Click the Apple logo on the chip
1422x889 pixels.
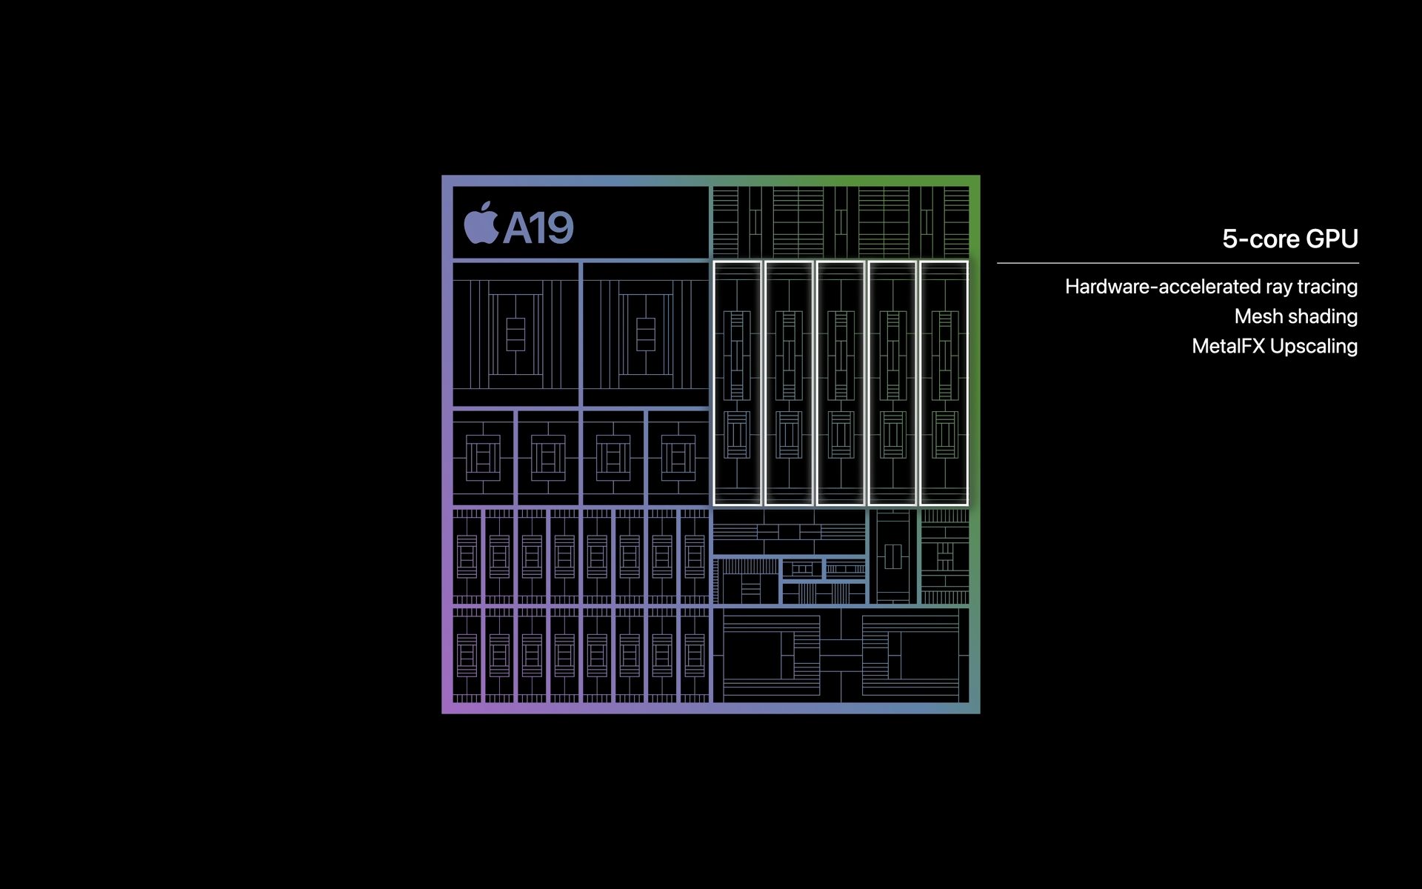click(x=481, y=223)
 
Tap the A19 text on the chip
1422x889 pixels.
click(x=538, y=227)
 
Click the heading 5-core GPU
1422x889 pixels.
click(x=1290, y=239)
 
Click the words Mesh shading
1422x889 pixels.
click(x=1296, y=316)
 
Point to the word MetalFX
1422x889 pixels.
click(x=1228, y=346)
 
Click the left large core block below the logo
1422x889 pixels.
click(x=515, y=334)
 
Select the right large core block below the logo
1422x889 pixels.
click(x=646, y=334)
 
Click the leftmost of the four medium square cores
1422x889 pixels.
click(x=483, y=458)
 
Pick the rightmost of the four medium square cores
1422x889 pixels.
click(x=678, y=458)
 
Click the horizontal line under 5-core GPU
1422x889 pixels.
click(x=1178, y=263)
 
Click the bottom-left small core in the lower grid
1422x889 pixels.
click(x=467, y=656)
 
